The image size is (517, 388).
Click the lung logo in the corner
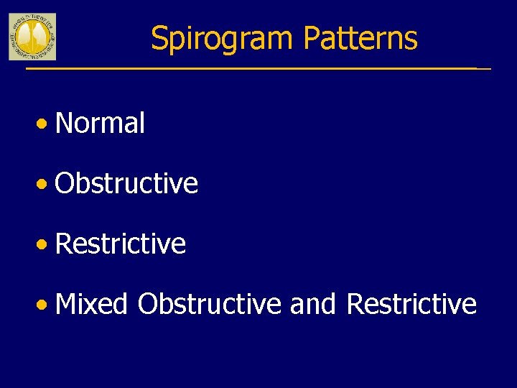[x=32, y=37]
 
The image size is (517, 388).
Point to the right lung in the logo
[x=39, y=34]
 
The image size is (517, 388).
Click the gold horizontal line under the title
[x=251, y=68]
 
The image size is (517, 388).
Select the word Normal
[x=100, y=123]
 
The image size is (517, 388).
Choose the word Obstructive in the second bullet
[x=126, y=183]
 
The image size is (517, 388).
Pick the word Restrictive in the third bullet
[x=120, y=244]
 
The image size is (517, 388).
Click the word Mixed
[x=91, y=304]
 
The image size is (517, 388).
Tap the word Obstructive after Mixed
[x=209, y=304]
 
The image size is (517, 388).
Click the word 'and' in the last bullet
[x=313, y=304]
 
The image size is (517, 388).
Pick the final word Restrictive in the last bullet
[x=411, y=304]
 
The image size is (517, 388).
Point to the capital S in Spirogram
[x=159, y=38]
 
